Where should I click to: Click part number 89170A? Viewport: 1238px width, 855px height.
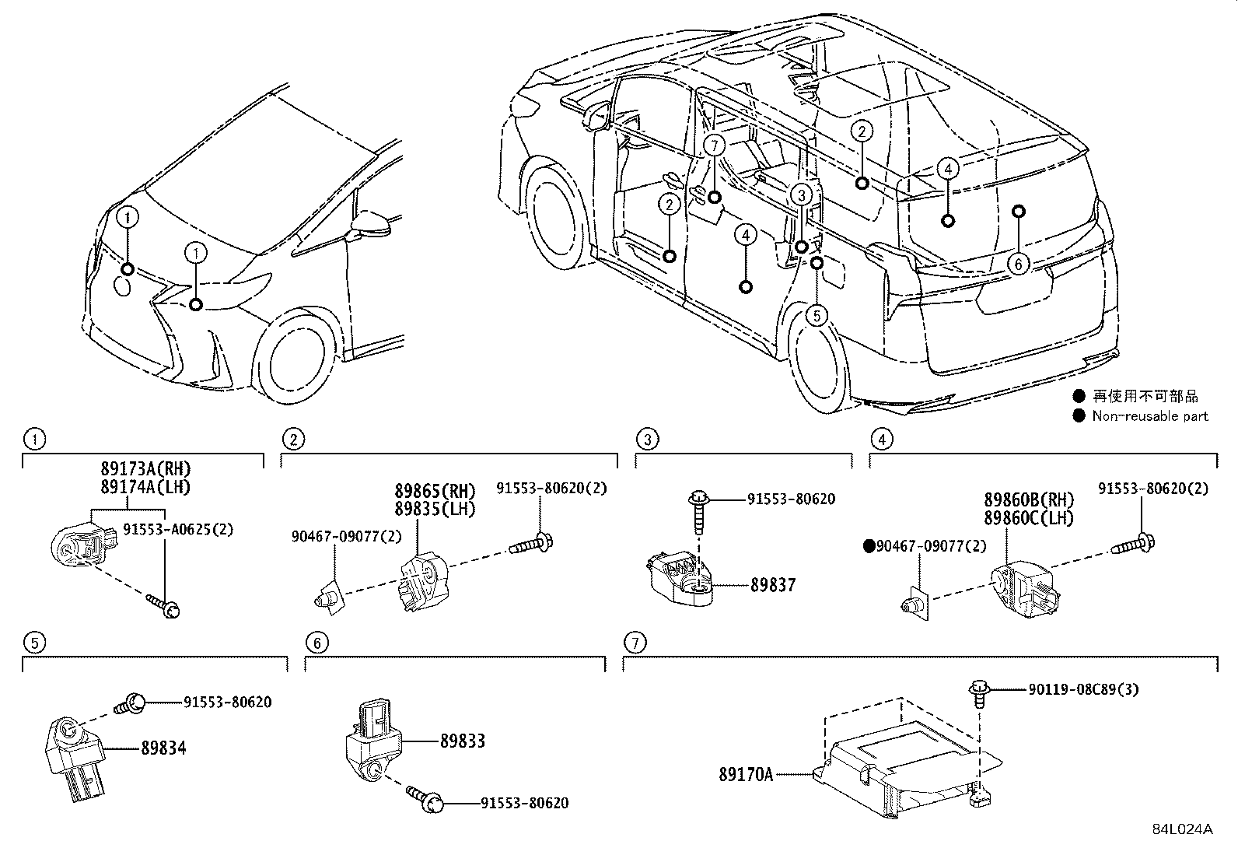745,774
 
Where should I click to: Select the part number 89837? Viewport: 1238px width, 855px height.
773,585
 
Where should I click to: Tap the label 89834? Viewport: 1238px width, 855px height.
163,748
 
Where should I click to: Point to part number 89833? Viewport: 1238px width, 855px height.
462,741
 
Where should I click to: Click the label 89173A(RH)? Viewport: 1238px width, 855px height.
145,469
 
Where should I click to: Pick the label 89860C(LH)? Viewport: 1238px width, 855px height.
1028,517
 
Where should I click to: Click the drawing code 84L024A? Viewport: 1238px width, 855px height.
1182,829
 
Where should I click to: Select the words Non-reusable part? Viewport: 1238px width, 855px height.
1149,416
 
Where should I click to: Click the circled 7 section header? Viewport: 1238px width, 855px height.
635,643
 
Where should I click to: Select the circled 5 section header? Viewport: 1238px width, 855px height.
33,643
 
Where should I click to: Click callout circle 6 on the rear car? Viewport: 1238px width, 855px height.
1018,265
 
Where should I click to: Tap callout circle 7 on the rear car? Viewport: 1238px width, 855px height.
715,145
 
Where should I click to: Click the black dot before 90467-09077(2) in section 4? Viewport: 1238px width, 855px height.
869,546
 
